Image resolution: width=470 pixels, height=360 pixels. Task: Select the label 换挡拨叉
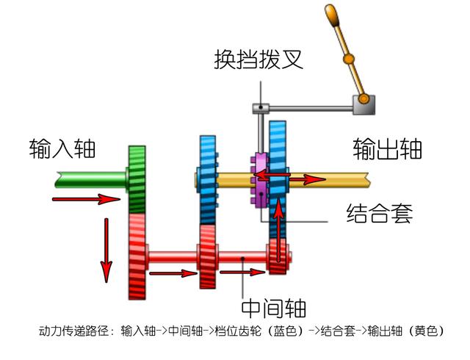click(258, 59)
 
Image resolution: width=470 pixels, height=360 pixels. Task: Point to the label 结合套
click(379, 214)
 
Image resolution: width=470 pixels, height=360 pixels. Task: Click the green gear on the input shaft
click(138, 179)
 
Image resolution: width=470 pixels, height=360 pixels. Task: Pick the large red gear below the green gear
click(137, 256)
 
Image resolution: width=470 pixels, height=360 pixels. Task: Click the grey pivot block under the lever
click(362, 104)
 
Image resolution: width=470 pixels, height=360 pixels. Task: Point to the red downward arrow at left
click(107, 250)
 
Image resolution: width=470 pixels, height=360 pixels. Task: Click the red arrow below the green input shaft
click(86, 199)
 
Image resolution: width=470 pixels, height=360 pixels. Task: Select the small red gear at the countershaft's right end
click(278, 256)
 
